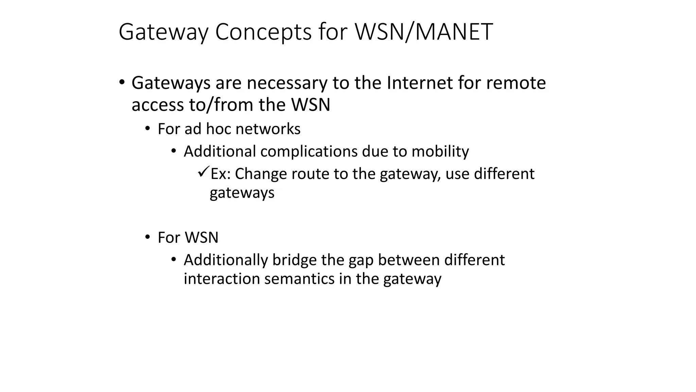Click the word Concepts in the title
pos(263,32)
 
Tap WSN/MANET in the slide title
pos(423,32)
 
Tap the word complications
pos(309,151)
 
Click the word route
pos(308,174)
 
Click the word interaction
pos(222,279)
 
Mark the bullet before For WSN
pos(147,237)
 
